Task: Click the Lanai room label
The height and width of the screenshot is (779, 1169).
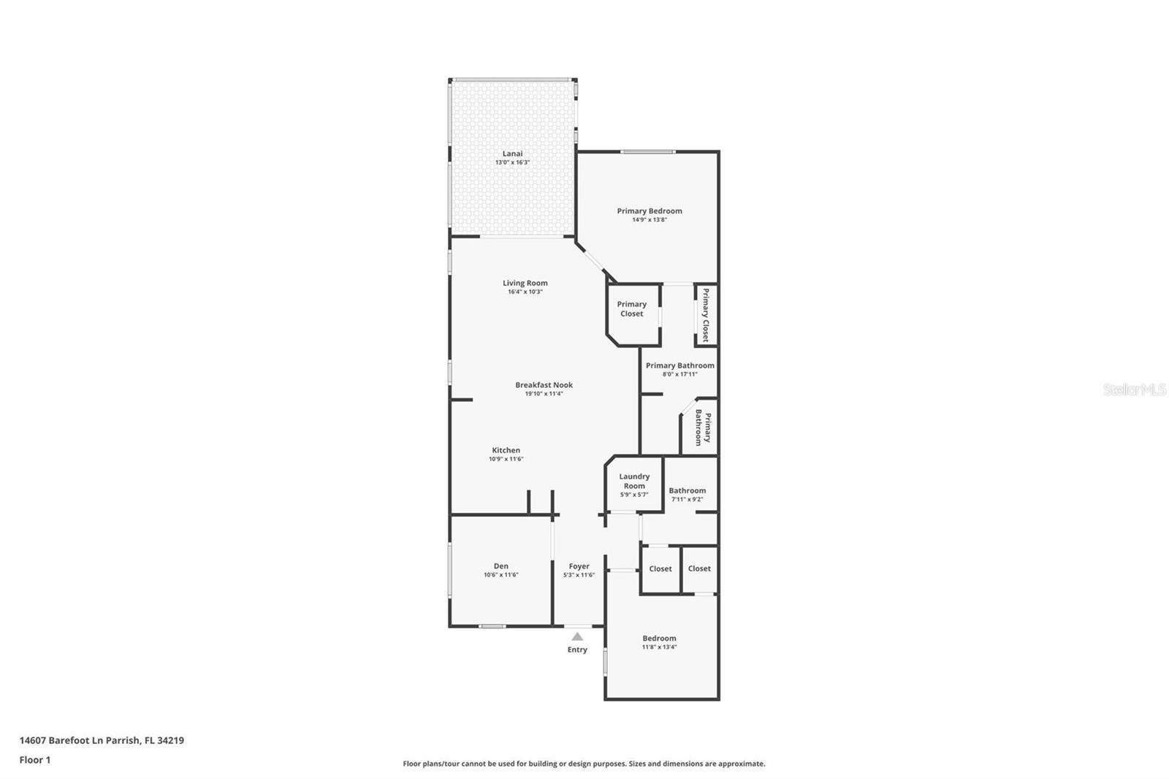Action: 512,153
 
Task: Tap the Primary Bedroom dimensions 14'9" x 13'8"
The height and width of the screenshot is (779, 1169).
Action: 650,220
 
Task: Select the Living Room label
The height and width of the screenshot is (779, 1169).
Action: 525,283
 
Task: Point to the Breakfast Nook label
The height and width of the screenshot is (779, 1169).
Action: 544,385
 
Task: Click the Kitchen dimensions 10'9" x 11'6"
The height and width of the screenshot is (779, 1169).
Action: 506,460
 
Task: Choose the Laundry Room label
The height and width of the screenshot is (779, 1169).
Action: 634,481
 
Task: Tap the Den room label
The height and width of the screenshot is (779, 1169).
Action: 500,566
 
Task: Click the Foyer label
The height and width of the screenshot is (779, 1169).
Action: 579,566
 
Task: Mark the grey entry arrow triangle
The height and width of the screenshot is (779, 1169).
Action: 577,636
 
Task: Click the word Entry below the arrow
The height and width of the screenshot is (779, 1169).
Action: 577,650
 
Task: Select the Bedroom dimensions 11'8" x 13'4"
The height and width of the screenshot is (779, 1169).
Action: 659,647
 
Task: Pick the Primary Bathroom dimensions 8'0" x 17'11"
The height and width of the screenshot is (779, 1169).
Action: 679,374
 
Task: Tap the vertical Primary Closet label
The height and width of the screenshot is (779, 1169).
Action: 706,315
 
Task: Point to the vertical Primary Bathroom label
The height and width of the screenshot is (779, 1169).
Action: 703,427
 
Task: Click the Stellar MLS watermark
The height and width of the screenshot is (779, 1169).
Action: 1134,389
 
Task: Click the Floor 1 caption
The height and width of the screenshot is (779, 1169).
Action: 35,760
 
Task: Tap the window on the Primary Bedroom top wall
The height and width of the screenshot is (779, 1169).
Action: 647,152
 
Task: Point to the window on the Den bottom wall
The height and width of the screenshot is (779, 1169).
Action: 492,626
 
